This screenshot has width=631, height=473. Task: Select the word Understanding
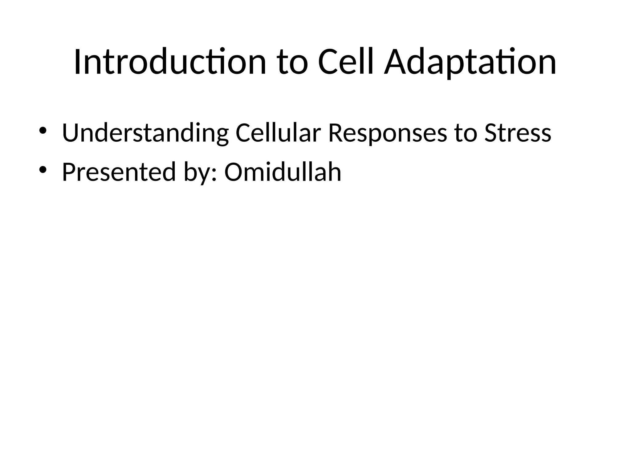click(x=145, y=133)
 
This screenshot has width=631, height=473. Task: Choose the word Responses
click(x=387, y=133)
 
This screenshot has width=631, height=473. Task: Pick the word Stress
click(x=518, y=133)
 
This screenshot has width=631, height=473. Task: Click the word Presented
click(x=119, y=172)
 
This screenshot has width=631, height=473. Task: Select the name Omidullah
click(x=283, y=172)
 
